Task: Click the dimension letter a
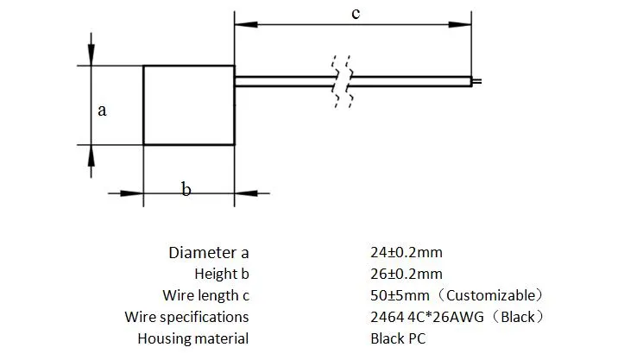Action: [102, 111]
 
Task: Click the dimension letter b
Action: [186, 189]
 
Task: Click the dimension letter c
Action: [355, 14]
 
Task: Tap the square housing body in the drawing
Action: [188, 104]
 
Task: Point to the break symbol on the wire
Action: [341, 81]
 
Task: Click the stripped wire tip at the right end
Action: [476, 82]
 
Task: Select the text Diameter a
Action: [208, 253]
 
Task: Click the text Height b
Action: [221, 275]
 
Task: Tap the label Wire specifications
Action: [186, 318]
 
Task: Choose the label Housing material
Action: [192, 339]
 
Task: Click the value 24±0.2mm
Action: [406, 253]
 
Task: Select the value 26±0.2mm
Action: [406, 275]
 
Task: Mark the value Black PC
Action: [398, 339]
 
